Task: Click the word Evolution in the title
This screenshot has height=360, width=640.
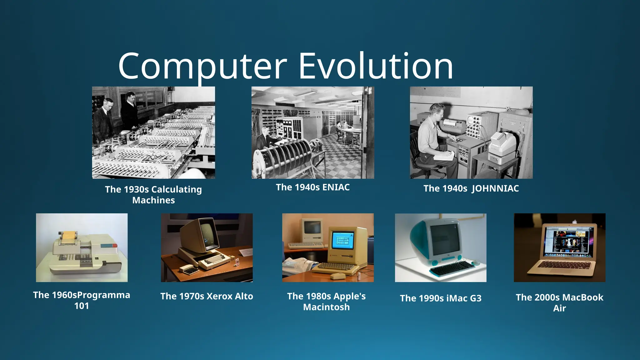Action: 376,66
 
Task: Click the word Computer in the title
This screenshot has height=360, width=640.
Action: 202,66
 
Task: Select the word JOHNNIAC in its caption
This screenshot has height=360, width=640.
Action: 495,188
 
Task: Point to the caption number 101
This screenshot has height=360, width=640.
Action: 82,306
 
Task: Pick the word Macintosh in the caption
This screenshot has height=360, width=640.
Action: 326,307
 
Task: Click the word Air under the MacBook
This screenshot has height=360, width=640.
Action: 559,308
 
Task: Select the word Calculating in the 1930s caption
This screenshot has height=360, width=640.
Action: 176,189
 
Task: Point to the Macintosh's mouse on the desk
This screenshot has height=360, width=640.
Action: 338,276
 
